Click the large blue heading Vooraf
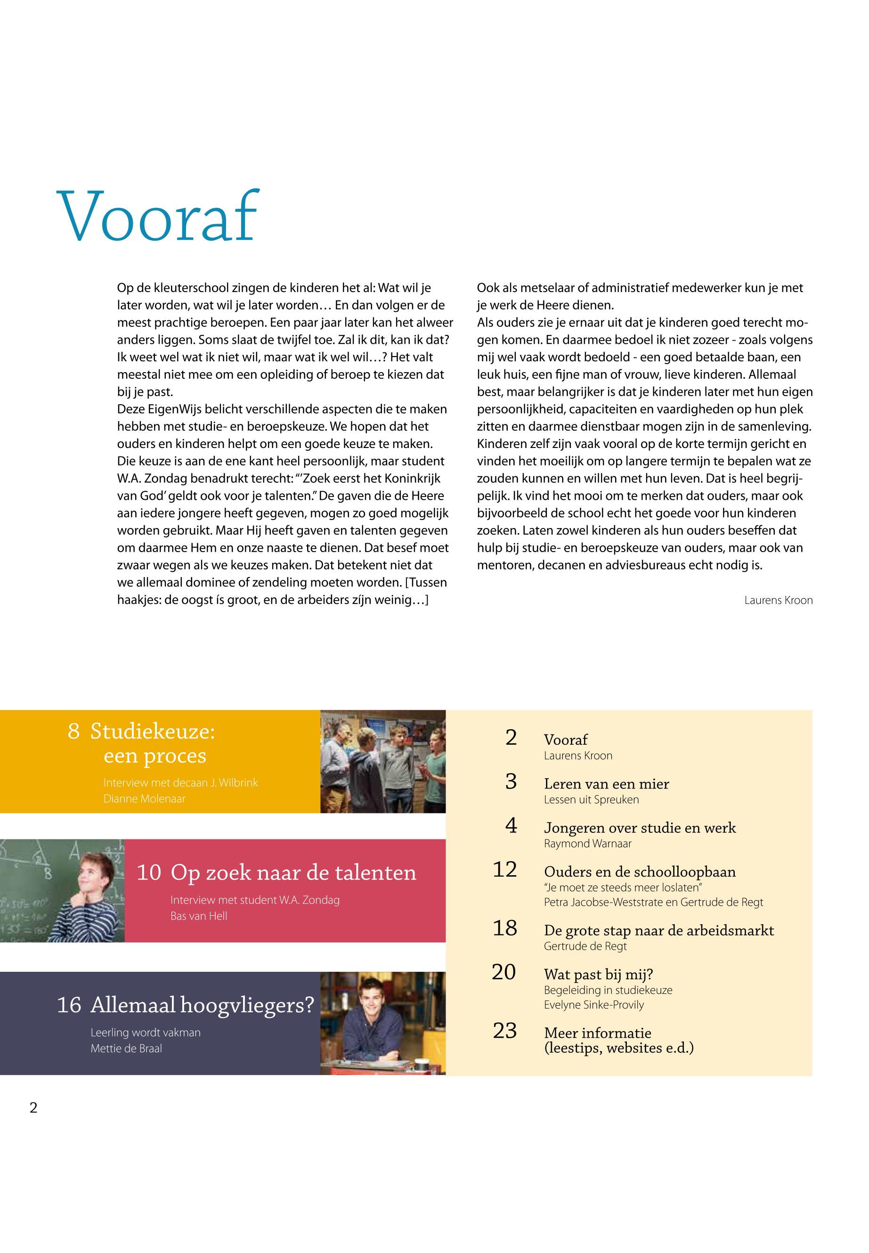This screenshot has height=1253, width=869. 156,216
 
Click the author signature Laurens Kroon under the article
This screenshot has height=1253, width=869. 778,600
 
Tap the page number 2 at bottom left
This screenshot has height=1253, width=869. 34,1107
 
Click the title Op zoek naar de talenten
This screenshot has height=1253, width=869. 293,872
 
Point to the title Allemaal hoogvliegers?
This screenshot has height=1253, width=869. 202,1005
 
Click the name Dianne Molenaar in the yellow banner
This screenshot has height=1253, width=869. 144,798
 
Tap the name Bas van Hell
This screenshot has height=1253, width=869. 199,915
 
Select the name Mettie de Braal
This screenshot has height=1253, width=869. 126,1048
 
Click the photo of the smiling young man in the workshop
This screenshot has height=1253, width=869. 383,1023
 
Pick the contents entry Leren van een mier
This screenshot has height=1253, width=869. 606,784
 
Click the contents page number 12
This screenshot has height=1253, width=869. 505,869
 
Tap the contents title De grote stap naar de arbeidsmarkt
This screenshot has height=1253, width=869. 658,930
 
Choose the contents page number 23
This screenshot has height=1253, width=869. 505,1030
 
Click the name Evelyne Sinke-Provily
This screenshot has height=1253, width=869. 593,1004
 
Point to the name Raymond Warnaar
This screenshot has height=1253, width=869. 587,844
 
